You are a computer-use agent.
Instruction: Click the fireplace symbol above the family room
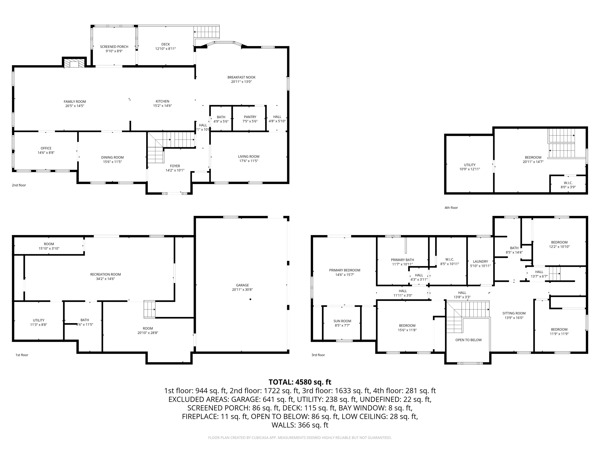(x=74, y=63)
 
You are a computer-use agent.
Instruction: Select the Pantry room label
(x=250, y=117)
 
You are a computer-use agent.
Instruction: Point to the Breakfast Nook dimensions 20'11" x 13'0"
(x=241, y=82)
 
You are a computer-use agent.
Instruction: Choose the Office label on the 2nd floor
(x=46, y=148)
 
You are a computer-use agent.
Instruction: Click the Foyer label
(x=175, y=166)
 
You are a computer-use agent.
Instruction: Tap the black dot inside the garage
(x=250, y=299)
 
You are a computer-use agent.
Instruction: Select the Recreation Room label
(x=105, y=274)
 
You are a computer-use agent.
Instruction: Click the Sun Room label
(x=342, y=321)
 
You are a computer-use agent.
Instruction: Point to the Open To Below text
(x=468, y=340)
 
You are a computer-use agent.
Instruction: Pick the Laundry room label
(x=480, y=262)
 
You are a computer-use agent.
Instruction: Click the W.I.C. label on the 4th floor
(x=568, y=183)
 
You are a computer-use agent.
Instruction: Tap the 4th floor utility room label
(x=470, y=165)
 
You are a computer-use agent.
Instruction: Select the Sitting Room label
(x=514, y=313)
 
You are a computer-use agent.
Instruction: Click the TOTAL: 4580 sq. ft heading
(x=300, y=382)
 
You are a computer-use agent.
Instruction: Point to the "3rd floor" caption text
(x=318, y=355)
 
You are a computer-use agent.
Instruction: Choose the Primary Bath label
(x=402, y=260)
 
